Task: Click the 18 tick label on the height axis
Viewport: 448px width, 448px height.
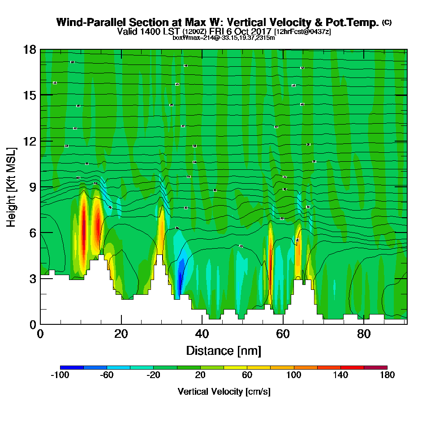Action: pos(30,49)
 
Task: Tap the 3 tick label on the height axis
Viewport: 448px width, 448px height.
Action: pos(32,279)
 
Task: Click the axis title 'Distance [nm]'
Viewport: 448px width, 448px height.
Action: pos(224,350)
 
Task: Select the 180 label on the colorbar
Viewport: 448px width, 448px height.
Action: pos(387,375)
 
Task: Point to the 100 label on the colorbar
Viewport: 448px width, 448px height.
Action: pos(293,375)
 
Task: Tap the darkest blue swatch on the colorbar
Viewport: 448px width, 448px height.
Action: pos(72,367)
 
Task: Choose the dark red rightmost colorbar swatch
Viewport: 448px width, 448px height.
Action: pos(375,367)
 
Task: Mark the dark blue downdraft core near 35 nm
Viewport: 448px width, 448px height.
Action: pos(180,281)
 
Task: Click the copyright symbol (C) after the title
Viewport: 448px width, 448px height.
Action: pos(387,22)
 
